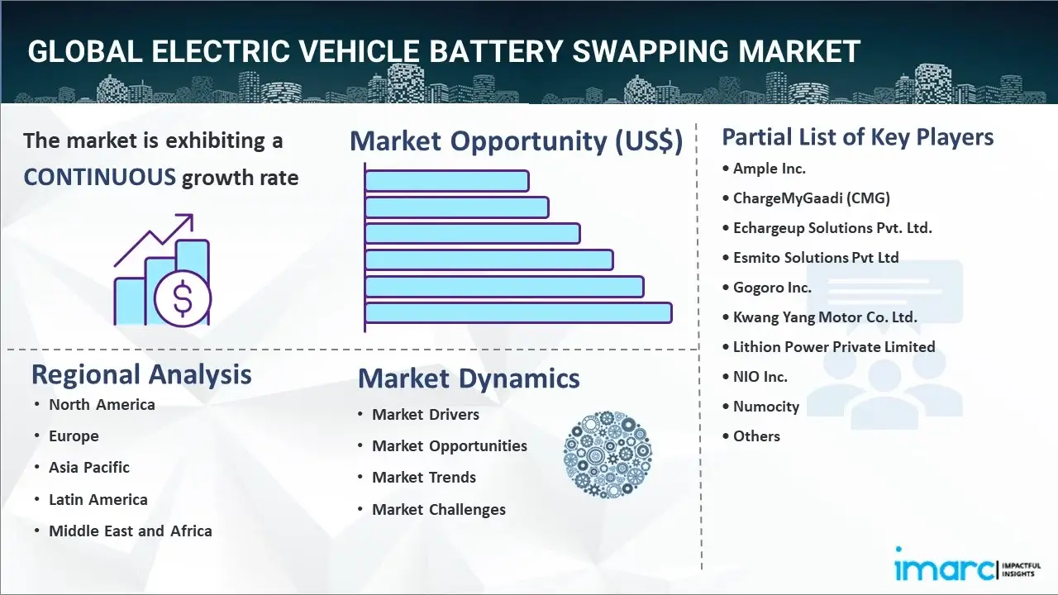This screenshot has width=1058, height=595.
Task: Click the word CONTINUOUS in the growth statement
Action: tap(99, 177)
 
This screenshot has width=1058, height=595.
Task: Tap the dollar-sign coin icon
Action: tap(183, 298)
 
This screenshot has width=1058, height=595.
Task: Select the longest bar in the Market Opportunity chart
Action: tap(518, 313)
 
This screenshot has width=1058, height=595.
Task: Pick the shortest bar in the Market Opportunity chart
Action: tap(446, 180)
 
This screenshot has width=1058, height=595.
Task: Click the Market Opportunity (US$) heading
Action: tap(516, 141)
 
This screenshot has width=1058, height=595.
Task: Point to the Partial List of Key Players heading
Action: tap(858, 137)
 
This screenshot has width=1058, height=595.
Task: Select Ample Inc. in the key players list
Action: tap(770, 169)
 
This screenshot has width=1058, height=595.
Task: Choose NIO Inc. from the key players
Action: tap(760, 377)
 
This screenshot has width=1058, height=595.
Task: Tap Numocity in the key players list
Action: tap(766, 407)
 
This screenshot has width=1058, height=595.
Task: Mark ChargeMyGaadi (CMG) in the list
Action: tap(811, 198)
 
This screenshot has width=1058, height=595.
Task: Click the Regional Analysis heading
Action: tap(141, 374)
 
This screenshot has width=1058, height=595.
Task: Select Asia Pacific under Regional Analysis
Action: tap(89, 468)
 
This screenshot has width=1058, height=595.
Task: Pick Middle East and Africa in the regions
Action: tap(131, 531)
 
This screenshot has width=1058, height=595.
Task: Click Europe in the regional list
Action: tap(74, 436)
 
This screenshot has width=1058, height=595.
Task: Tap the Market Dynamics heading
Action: tap(469, 378)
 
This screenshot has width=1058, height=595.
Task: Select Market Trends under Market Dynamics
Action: tap(424, 478)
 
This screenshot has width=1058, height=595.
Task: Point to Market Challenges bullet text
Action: tap(439, 510)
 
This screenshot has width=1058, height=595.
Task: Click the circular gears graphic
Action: tap(608, 455)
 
